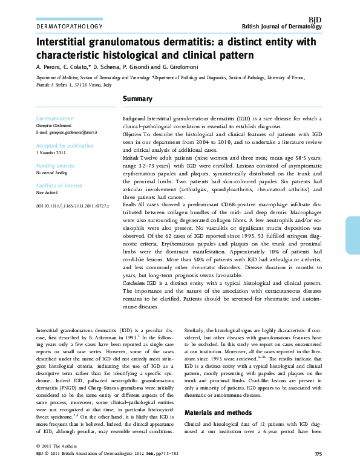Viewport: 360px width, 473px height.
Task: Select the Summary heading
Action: coord(137,99)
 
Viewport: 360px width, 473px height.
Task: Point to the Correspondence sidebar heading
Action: coord(56,118)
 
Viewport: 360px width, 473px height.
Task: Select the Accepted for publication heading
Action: coord(65,146)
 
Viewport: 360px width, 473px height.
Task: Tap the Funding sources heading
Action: coord(56,165)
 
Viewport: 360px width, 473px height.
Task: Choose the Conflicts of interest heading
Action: coord(59,186)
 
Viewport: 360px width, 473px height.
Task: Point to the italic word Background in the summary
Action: coord(134,119)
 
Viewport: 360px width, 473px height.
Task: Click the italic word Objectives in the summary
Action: coord(133,132)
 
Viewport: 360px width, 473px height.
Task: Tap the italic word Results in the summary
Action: coord(130,204)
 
